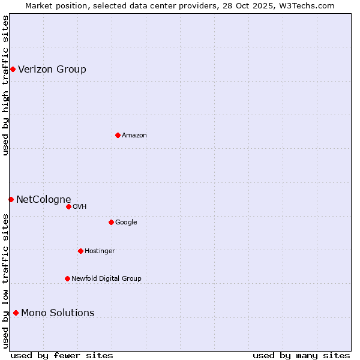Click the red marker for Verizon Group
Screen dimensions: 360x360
[13, 70]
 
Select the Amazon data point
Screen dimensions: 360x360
[118, 135]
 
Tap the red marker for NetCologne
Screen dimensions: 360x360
[11, 199]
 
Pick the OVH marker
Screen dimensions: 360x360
[68, 206]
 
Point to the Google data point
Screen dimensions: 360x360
[111, 222]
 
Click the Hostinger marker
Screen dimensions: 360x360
[80, 251]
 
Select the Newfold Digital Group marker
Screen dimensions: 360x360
[67, 278]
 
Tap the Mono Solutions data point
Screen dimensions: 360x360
[16, 313]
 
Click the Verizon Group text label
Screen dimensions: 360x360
[52, 70]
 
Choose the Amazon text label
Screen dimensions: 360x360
[134, 136]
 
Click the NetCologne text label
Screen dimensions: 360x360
[44, 200]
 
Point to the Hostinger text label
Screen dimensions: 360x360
[100, 251]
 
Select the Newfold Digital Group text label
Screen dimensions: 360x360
[106, 278]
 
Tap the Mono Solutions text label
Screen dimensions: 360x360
[58, 313]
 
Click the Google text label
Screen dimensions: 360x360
[126, 223]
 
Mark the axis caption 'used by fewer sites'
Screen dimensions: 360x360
[62, 355]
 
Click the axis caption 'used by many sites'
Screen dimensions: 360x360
[301, 355]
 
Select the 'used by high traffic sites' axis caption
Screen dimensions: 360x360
[6, 85]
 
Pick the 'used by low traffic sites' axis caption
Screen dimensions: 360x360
[6, 280]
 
